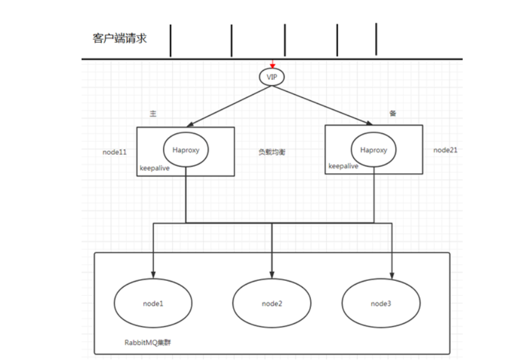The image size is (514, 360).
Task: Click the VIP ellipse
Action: point(272,77)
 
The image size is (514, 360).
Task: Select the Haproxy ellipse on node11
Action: point(186,149)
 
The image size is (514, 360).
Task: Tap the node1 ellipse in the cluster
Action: point(153,303)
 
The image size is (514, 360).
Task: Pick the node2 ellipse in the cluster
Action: point(272,303)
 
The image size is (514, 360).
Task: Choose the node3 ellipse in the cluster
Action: point(381,303)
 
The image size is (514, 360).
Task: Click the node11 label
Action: point(115,152)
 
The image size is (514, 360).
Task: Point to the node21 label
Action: point(445,150)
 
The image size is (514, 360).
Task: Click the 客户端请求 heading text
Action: point(120,39)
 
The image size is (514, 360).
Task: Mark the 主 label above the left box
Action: point(153,114)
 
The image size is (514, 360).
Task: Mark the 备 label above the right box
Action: point(393,114)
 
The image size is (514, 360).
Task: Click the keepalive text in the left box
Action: point(155,169)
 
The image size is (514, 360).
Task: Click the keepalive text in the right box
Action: point(343,165)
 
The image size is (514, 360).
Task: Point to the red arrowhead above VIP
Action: point(272,65)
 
